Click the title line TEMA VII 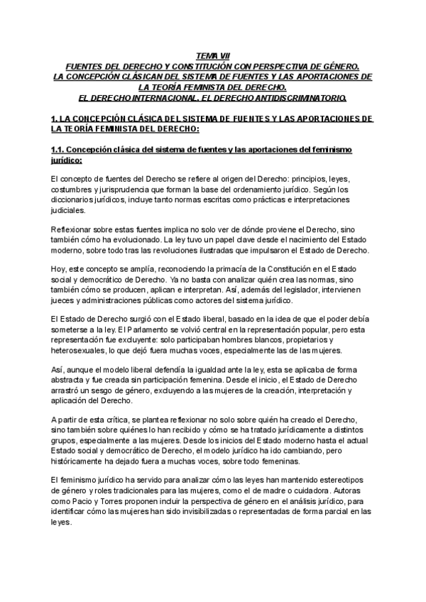pos(212,55)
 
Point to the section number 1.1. pos(59,150)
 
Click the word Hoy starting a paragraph pos(60,271)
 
